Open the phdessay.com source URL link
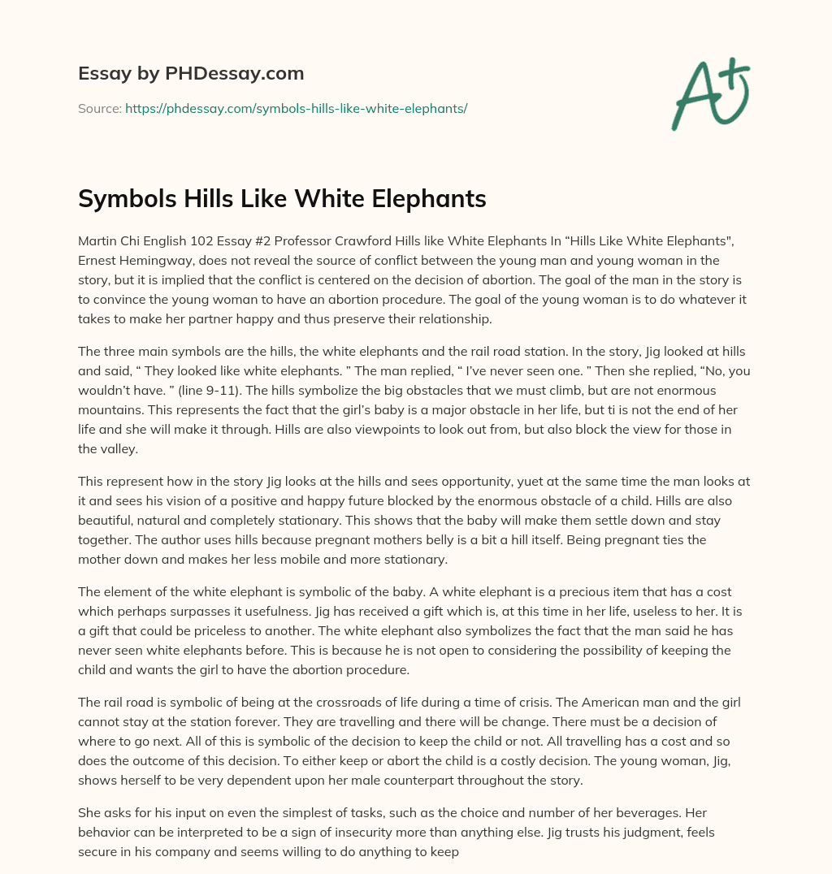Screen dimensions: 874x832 coord(296,107)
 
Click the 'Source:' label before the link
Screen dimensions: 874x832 coord(99,107)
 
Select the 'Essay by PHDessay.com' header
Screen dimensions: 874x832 coord(191,73)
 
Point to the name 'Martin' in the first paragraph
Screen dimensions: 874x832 coord(97,241)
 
